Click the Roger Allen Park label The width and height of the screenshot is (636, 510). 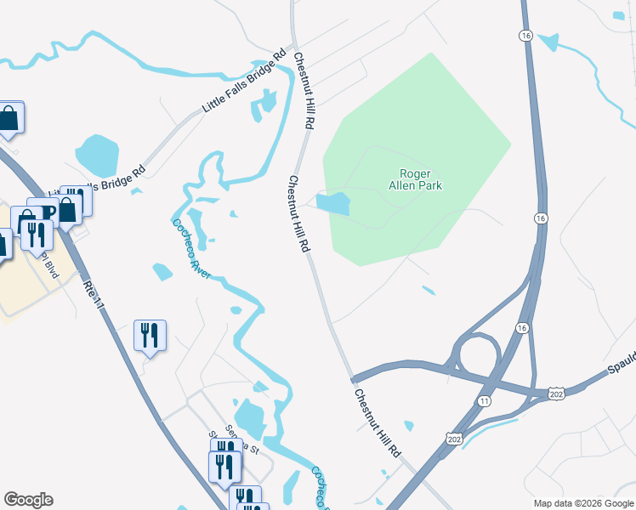click(416, 178)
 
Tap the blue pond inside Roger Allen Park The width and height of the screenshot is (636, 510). click(333, 203)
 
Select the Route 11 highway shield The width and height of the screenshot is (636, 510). click(484, 399)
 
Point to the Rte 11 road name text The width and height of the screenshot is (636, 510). click(94, 295)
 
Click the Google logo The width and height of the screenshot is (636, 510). click(28, 500)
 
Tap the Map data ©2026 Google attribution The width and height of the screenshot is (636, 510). click(583, 503)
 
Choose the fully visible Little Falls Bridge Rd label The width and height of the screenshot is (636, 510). click(243, 82)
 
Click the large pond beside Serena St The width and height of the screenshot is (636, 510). click(250, 418)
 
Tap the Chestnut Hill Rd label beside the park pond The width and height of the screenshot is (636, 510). click(298, 214)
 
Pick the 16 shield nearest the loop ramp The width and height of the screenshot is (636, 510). click(521, 328)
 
